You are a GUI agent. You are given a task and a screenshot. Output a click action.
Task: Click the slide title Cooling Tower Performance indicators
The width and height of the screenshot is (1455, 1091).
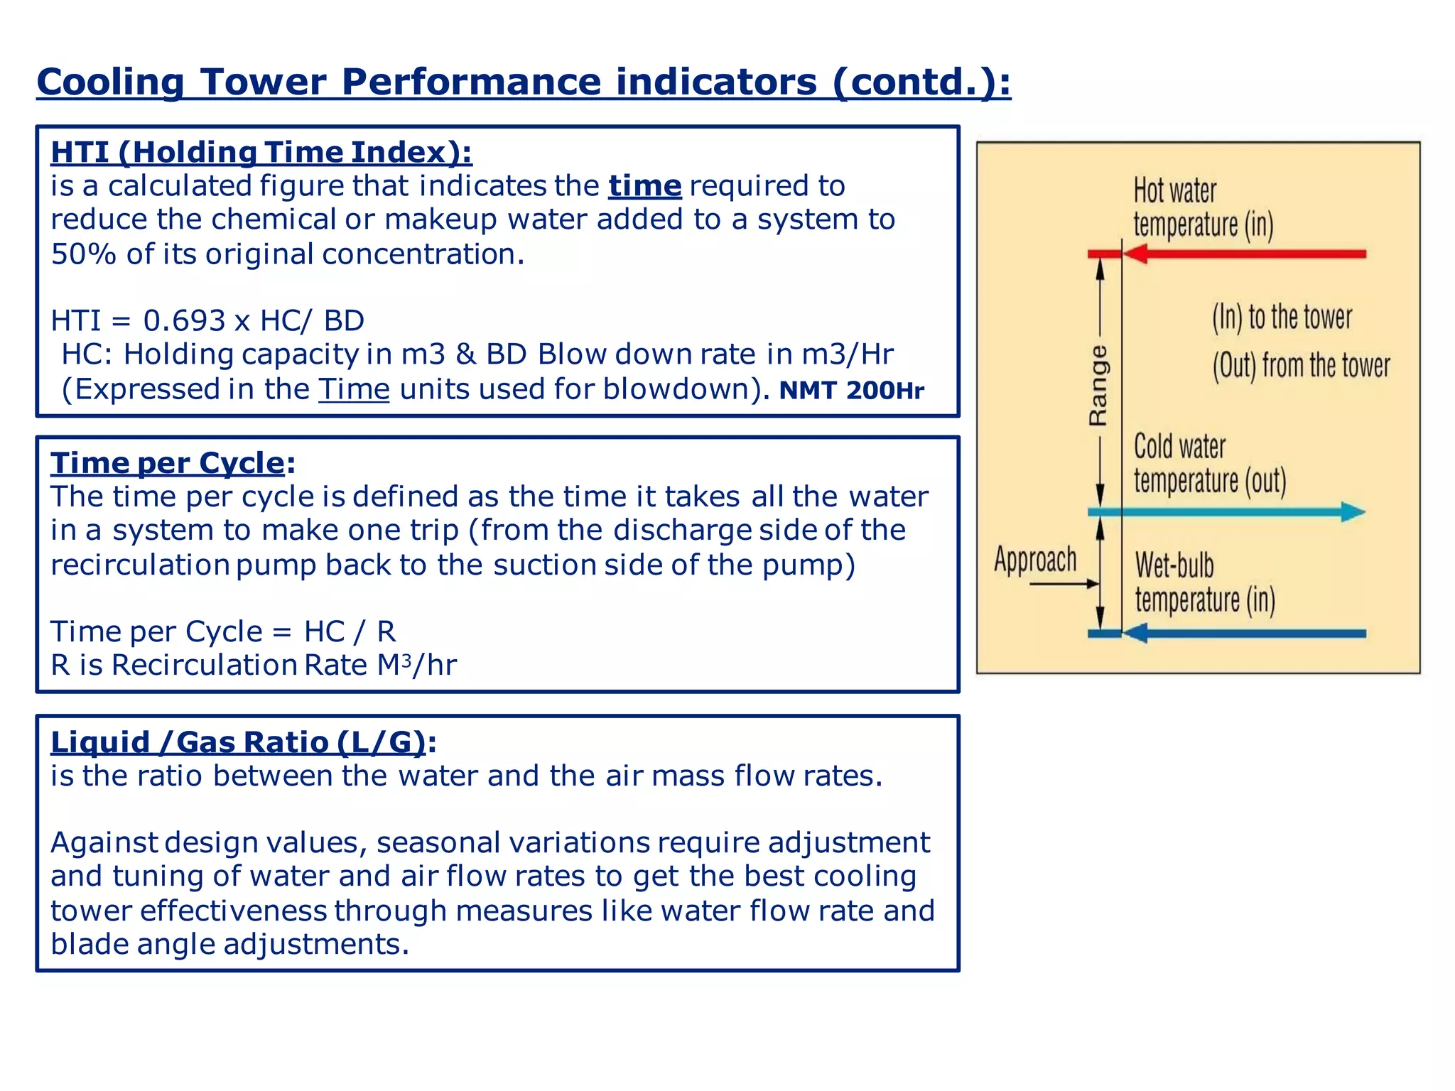click(523, 82)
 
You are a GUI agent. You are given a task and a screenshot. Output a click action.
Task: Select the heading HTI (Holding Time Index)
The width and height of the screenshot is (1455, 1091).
click(261, 153)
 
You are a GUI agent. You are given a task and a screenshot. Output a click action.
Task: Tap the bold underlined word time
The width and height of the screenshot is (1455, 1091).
click(644, 186)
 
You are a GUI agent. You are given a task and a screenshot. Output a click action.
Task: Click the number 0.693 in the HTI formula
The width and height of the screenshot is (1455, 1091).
click(184, 321)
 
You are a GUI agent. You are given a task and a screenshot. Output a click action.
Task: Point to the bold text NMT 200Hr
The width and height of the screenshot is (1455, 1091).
click(851, 391)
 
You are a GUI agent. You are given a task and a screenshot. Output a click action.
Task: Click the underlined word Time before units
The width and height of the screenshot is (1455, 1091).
click(354, 390)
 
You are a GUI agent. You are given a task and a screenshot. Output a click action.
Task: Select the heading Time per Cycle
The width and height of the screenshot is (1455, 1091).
click(168, 463)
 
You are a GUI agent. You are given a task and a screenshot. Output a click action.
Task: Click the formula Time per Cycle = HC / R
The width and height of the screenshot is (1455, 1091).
click(223, 631)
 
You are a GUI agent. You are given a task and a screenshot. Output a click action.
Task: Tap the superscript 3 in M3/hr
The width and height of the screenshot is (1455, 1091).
click(406, 661)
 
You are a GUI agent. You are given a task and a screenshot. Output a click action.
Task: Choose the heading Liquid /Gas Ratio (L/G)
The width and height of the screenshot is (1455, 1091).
click(238, 742)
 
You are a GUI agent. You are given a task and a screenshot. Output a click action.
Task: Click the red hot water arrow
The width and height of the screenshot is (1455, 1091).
click(1243, 254)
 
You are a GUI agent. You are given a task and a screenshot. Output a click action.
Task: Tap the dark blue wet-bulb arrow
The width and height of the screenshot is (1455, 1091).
click(1243, 633)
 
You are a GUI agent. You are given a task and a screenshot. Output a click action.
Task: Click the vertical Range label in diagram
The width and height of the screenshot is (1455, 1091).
click(1098, 386)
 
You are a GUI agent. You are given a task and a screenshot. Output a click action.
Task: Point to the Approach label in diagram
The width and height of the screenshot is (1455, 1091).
click(1035, 560)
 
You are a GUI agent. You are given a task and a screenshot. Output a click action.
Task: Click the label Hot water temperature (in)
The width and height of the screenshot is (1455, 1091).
click(1202, 208)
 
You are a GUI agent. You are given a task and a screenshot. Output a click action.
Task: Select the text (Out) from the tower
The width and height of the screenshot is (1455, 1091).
click(1300, 366)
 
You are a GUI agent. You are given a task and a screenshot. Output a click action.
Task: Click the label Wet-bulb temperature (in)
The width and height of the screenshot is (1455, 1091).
click(1204, 582)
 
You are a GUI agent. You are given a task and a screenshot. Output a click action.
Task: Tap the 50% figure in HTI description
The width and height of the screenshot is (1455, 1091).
click(83, 254)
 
